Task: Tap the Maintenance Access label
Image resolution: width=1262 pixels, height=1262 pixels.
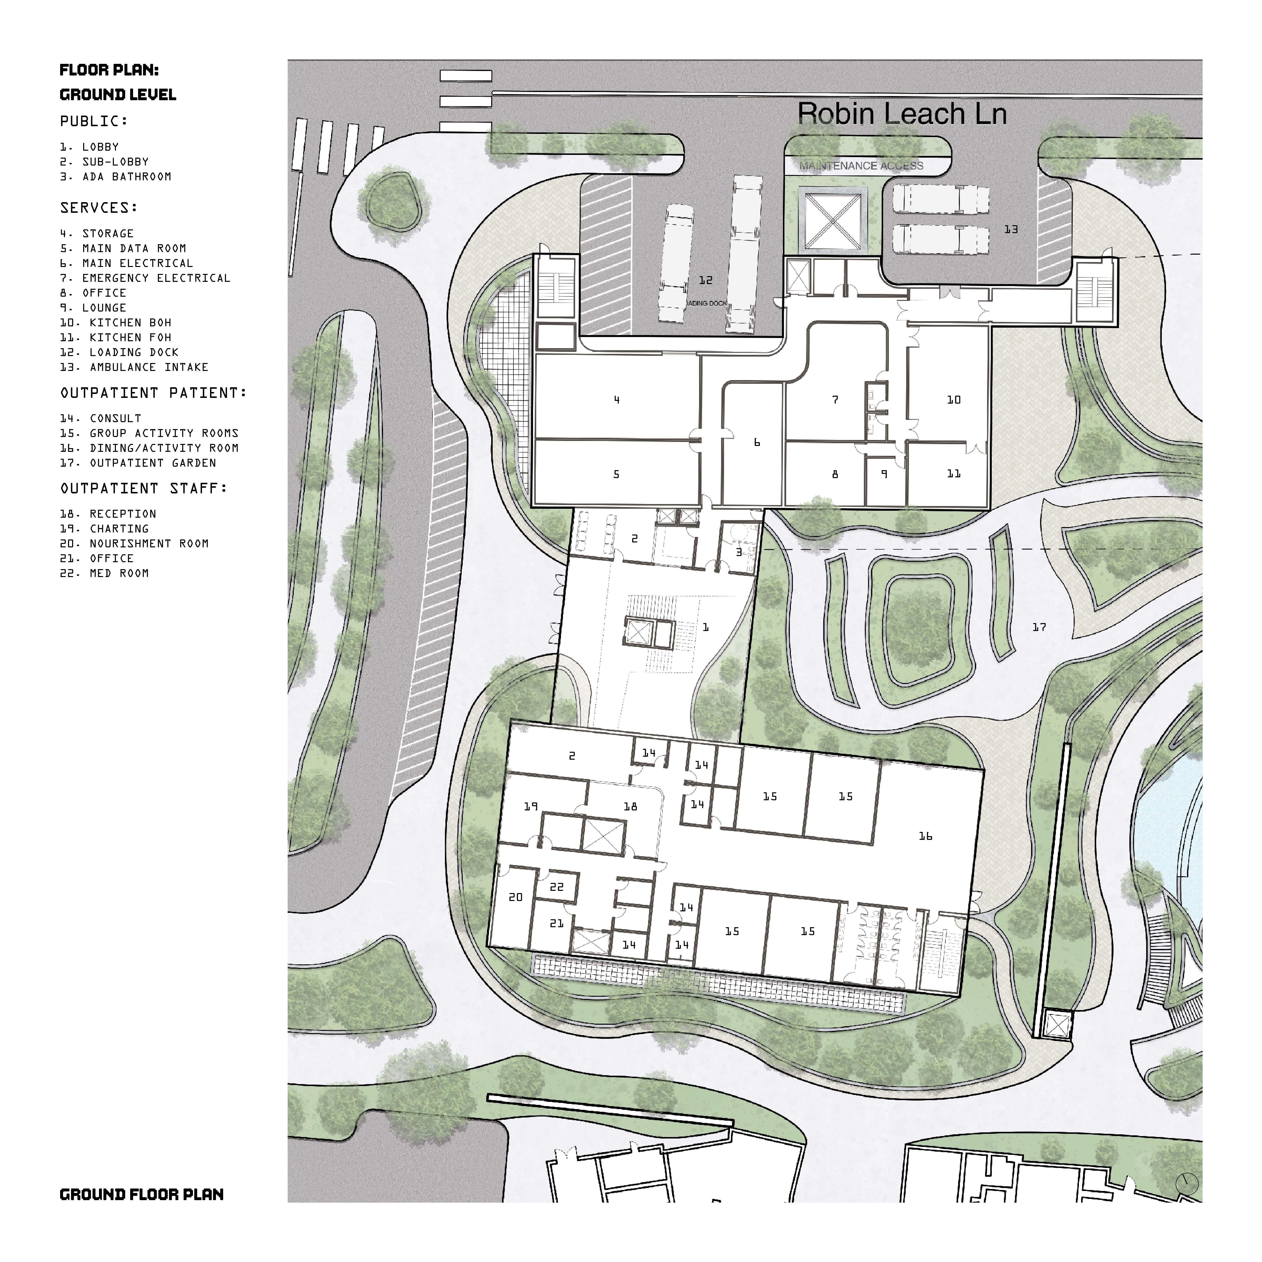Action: click(861, 166)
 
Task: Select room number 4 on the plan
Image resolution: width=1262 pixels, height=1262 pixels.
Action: click(617, 400)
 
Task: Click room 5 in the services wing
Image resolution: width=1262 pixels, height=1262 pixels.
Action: click(616, 474)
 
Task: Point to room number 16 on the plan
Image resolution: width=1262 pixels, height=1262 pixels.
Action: click(925, 836)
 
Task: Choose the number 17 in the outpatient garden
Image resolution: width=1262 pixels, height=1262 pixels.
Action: click(1039, 627)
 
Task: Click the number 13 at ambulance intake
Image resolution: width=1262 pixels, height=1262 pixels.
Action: click(1011, 229)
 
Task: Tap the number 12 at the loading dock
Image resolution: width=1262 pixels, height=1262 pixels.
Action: click(705, 280)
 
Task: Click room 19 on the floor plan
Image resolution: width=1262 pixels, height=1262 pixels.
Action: click(530, 807)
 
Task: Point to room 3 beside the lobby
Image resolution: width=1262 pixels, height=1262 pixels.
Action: click(739, 552)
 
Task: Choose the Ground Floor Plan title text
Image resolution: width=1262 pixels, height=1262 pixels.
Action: click(141, 1195)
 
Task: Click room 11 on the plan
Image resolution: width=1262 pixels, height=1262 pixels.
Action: click(954, 474)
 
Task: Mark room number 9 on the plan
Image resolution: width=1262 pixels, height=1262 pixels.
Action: click(884, 474)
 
